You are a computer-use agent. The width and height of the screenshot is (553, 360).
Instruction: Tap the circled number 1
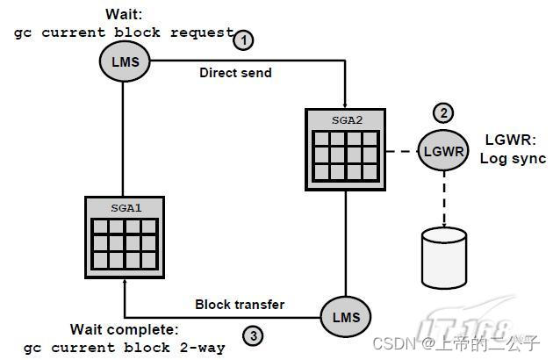243,40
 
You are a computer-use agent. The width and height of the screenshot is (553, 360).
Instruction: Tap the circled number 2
444,113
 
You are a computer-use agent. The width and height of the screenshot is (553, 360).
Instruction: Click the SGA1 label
123,209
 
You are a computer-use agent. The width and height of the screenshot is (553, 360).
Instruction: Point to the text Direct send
235,73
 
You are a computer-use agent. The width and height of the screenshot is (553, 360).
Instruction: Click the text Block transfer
240,304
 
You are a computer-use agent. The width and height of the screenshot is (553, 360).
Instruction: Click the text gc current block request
123,33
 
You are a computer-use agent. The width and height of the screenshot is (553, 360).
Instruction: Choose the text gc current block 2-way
125,347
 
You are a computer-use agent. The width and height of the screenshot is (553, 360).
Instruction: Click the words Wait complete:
125,330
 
